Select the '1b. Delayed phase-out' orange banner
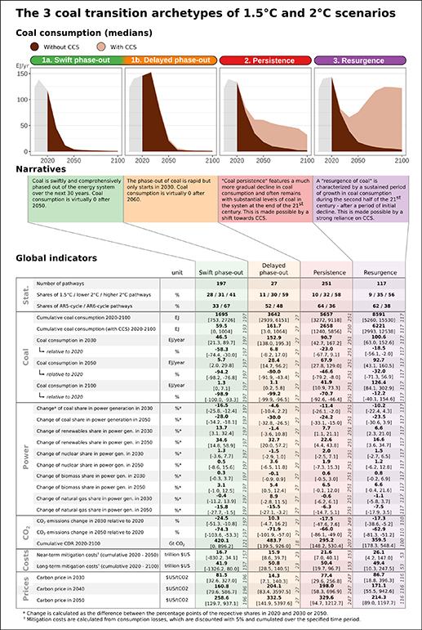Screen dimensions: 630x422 pos(171,60)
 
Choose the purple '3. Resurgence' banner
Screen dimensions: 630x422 pos(358,60)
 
